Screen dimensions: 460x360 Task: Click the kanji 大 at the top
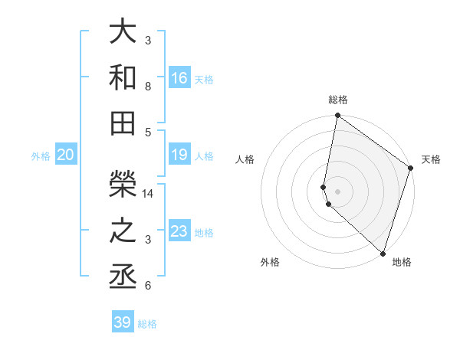tap(123, 31)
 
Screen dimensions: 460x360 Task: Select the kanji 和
tap(123, 77)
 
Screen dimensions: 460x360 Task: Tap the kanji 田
tap(123, 123)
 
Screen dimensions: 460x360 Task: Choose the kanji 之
tap(123, 231)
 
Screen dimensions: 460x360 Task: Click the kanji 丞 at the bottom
tap(123, 276)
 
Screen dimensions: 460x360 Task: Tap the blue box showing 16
tap(179, 77)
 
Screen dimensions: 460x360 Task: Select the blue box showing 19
tap(179, 155)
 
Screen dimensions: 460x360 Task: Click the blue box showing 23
tap(179, 231)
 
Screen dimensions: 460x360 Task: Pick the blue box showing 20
tap(66, 155)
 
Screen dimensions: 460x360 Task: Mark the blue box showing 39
tap(123, 322)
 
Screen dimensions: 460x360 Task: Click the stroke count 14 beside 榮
tap(149, 194)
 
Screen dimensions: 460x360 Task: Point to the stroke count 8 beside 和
tap(148, 87)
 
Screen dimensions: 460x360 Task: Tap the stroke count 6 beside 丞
tap(148, 286)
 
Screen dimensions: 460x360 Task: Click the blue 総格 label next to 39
tap(148, 324)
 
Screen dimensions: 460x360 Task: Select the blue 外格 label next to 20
tap(41, 156)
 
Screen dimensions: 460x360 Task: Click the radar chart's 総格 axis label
tap(338, 100)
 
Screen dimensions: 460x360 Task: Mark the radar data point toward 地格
tap(383, 253)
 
